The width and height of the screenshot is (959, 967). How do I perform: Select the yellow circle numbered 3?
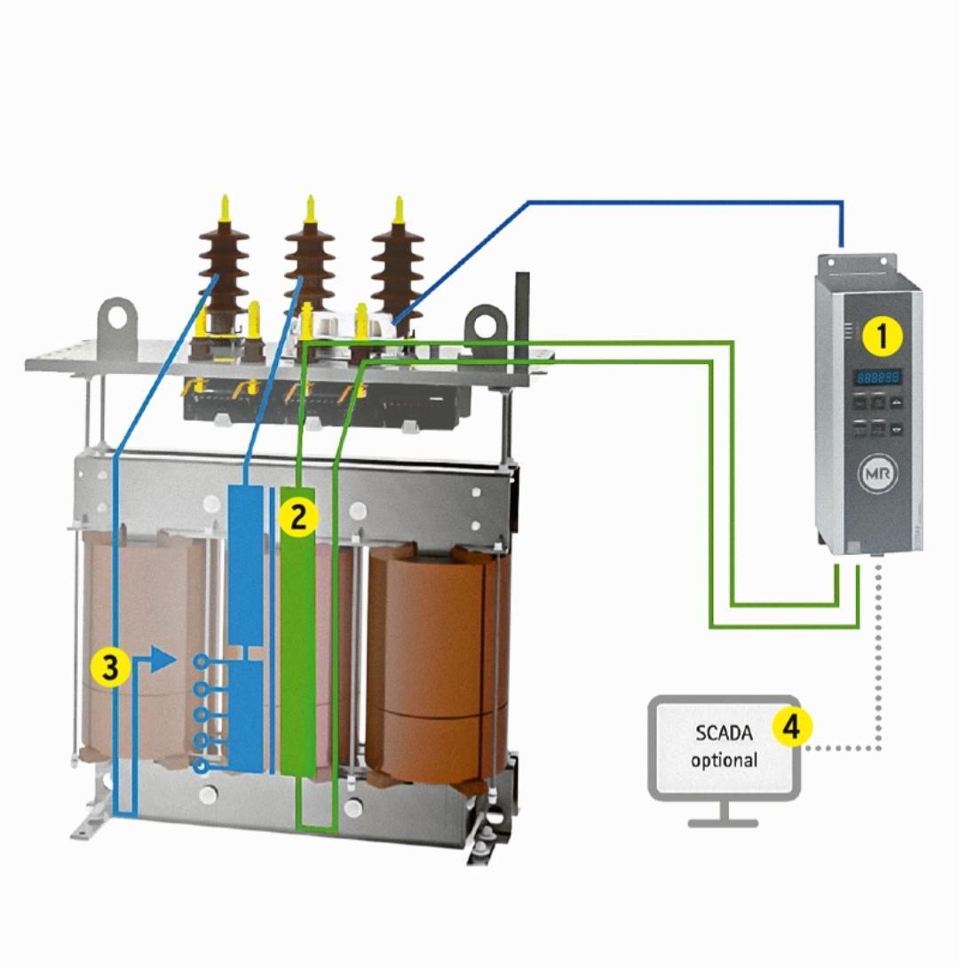pos(109,668)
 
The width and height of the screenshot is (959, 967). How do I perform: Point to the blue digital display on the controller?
pos(877,377)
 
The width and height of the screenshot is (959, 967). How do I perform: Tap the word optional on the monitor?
pos(724,760)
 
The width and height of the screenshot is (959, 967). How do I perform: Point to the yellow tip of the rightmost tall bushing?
pos(398,208)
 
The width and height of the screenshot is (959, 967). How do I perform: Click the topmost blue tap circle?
pos(202,662)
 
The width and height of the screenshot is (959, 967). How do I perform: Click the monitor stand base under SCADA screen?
pos(723,822)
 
